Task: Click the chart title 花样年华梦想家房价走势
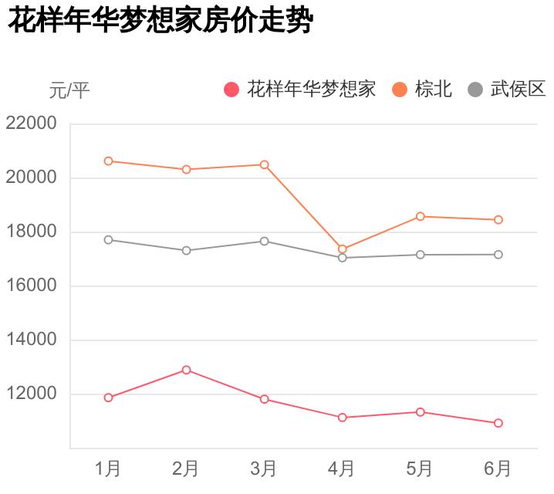160,21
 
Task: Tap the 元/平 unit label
69,90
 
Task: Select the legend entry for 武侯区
507,90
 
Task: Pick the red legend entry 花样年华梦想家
299,90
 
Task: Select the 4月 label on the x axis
342,468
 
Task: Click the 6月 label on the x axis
498,468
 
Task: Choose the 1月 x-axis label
108,468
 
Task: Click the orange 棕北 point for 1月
109,161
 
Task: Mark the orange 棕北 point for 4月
343,249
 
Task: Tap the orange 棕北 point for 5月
421,216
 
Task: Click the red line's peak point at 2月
187,370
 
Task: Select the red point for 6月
498,423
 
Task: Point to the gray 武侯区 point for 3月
265,241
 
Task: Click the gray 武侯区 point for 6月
498,254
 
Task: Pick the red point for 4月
343,418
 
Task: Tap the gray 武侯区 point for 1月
109,239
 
